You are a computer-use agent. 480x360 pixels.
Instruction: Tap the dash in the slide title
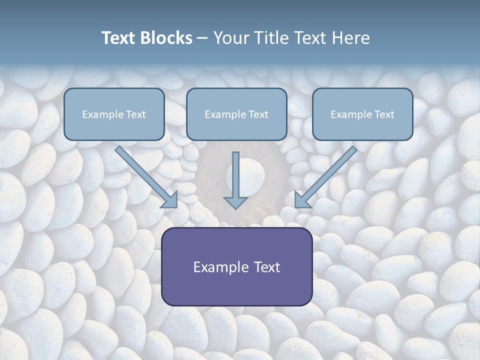coord(202,38)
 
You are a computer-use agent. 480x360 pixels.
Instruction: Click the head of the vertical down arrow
coord(235,203)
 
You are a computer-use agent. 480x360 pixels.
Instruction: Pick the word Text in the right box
coord(384,114)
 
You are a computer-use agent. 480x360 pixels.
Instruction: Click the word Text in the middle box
coord(258,114)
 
